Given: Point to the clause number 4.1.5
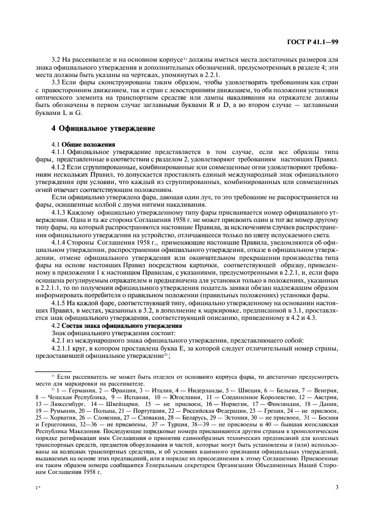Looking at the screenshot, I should click(x=61, y=304).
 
